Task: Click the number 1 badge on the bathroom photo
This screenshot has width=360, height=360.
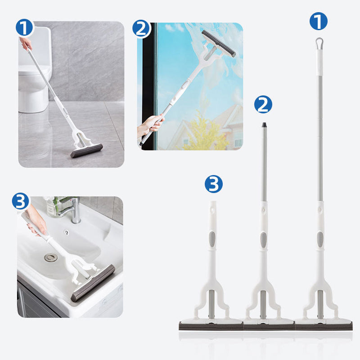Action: [25, 28]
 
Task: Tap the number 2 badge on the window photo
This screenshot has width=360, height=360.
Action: [141, 29]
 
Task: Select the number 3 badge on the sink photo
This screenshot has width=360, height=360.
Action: [21, 201]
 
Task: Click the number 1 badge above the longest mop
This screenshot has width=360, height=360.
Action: [319, 21]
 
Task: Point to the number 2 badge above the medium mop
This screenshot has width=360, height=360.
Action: [263, 104]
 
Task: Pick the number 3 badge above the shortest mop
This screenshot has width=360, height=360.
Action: [214, 184]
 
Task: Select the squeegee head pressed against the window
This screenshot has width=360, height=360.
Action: [218, 43]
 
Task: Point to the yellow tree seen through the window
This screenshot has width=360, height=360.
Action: [205, 133]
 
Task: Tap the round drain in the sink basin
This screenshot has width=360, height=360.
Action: [51, 257]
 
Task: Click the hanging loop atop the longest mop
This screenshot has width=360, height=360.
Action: [319, 43]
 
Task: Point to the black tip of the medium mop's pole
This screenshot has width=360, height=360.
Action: [264, 125]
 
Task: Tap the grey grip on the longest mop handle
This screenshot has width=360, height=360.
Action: [319, 239]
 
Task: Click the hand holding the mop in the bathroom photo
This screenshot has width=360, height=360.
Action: [26, 43]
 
